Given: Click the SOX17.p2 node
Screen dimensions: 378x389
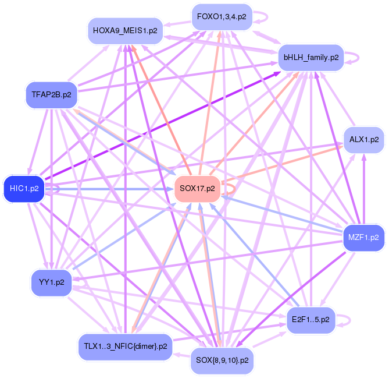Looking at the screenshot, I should pos(198,188).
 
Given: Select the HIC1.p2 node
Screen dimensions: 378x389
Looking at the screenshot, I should pos(24,188).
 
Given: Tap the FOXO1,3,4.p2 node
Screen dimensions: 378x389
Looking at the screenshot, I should pos(222,17).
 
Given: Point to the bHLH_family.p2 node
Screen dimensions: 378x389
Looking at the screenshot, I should pos(311,57).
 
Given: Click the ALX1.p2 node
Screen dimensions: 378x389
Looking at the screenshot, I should pos(364,140).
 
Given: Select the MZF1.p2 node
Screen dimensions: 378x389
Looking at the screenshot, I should pos(364,238).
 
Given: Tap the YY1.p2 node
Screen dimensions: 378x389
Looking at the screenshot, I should pos(51,282).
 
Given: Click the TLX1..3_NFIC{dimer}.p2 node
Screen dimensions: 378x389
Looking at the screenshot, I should pos(123,346).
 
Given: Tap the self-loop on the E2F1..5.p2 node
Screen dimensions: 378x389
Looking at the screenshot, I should pos(344,320).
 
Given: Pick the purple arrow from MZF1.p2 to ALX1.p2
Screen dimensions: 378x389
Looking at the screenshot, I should pos(364,189).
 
